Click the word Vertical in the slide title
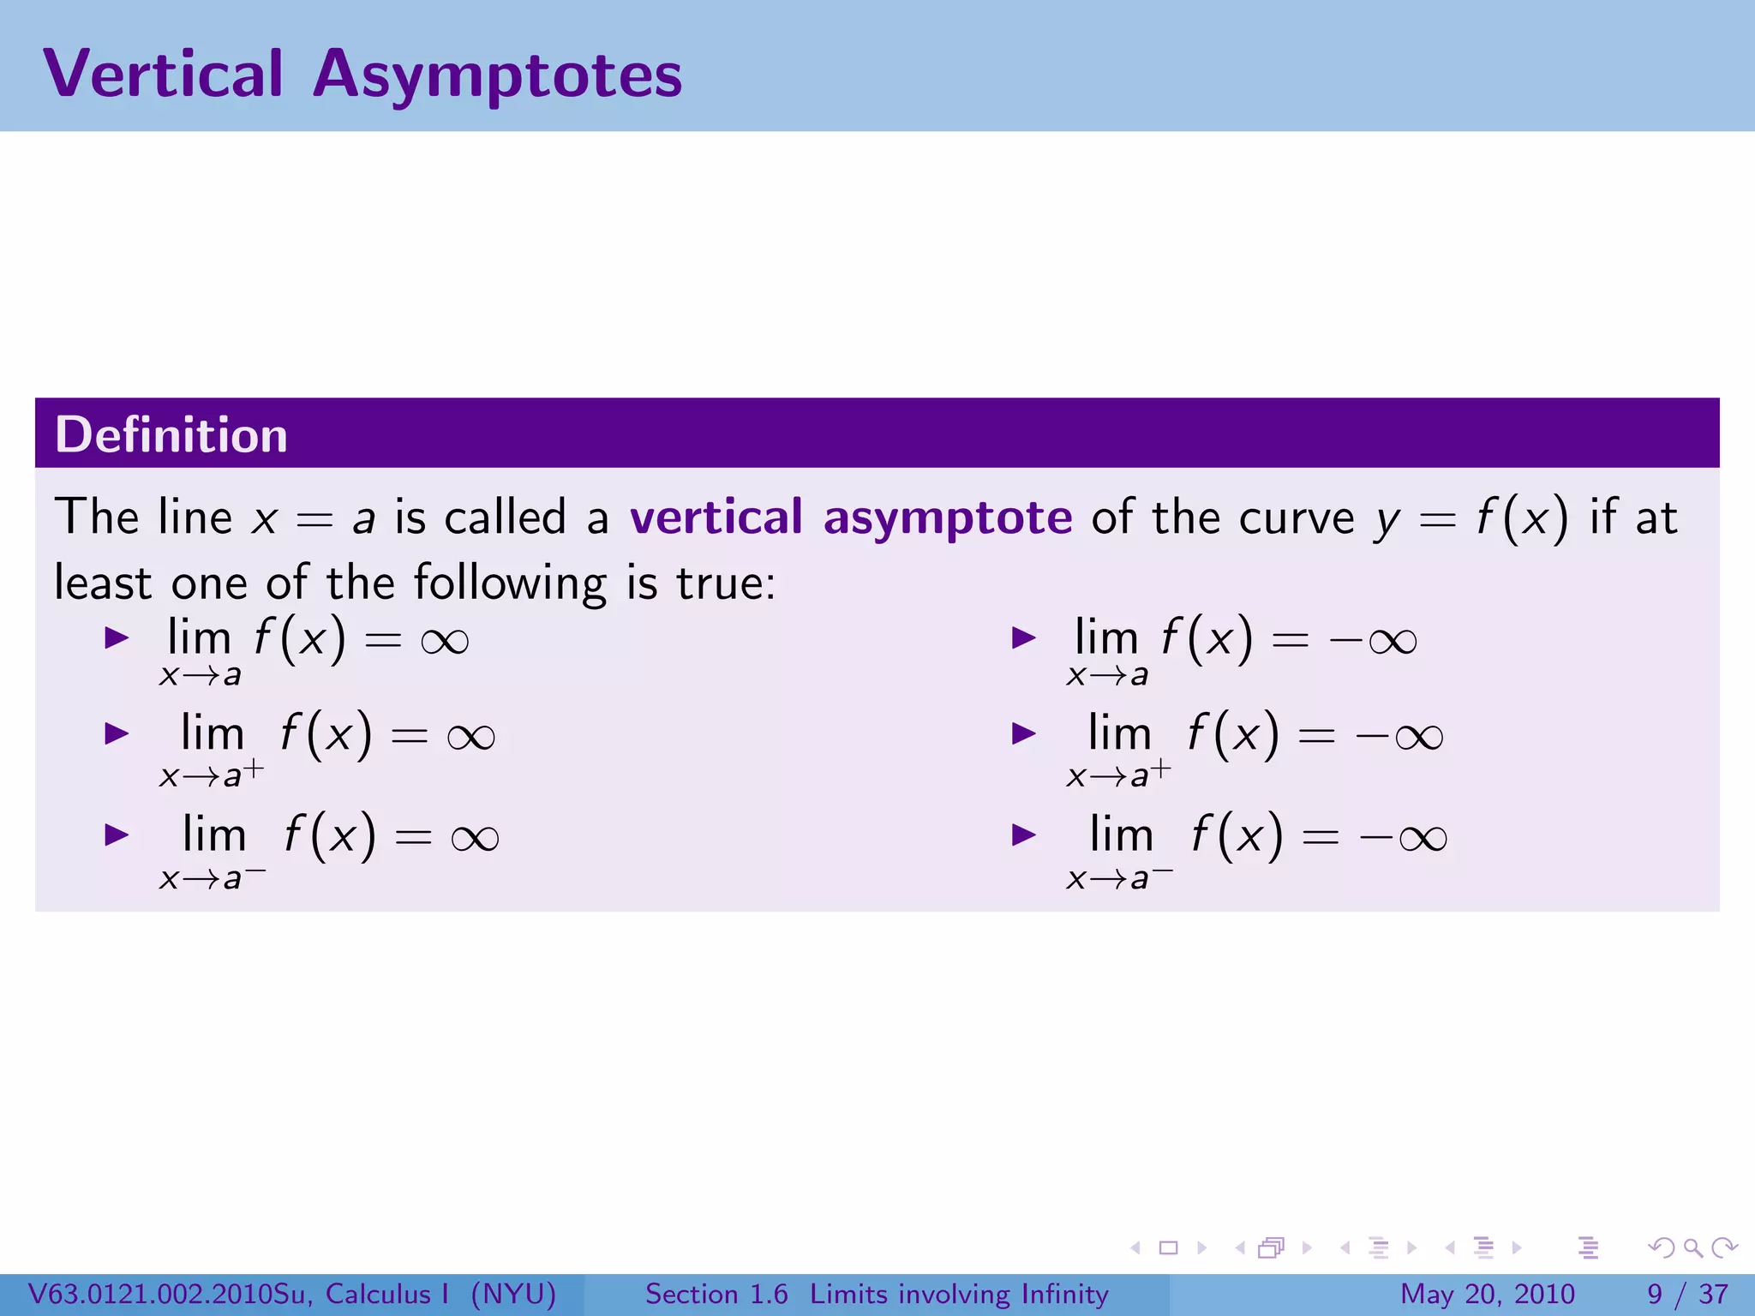tap(163, 74)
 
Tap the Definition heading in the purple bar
tap(171, 434)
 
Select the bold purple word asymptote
tap(947, 518)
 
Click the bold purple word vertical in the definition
tap(716, 517)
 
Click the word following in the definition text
tap(510, 584)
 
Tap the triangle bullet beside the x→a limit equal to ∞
tap(116, 637)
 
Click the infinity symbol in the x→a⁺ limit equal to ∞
tap(470, 737)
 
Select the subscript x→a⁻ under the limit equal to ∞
tap(212, 877)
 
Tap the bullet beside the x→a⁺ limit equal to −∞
tap(1023, 733)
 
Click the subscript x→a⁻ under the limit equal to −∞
tap(1119, 877)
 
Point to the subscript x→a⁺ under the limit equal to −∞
tap(1117, 774)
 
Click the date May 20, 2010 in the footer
tap(1487, 1294)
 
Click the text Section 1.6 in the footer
tap(716, 1294)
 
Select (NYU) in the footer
tap(513, 1294)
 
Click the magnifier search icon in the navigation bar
tap(1692, 1247)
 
